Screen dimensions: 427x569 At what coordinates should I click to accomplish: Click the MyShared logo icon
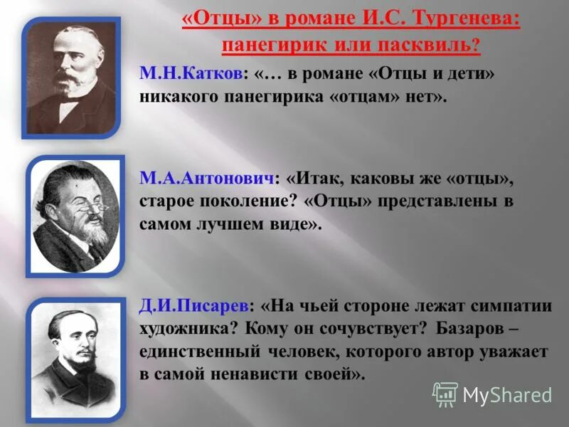point(445,394)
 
